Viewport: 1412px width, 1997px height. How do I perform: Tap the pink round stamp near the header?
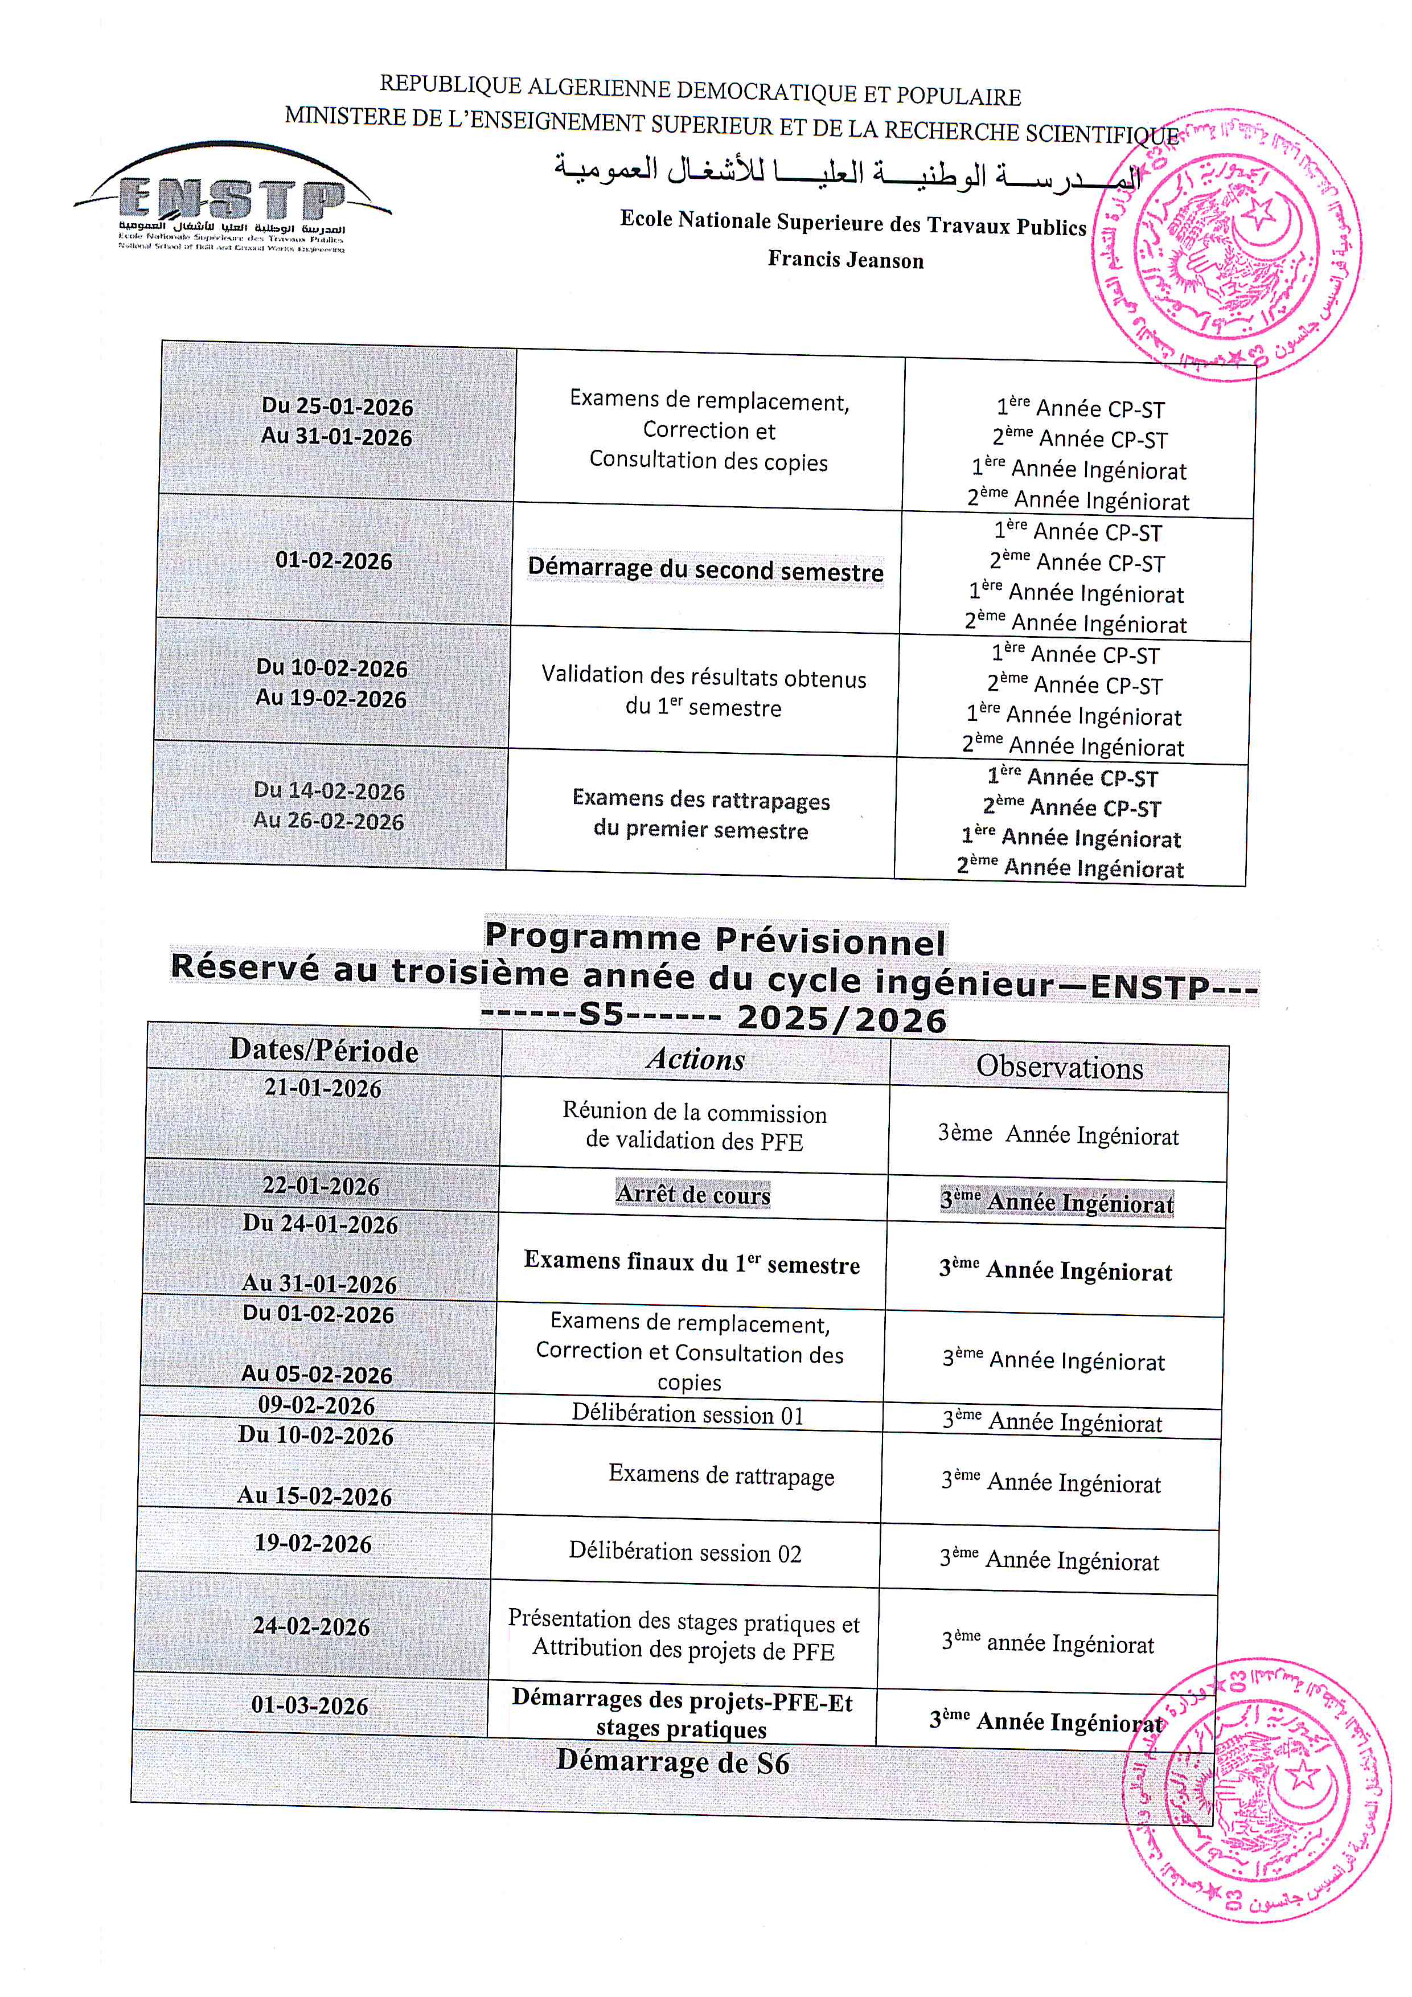coord(1226,246)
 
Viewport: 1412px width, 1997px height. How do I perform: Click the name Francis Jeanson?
coord(845,259)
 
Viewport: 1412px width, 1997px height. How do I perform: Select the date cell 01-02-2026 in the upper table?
coord(334,560)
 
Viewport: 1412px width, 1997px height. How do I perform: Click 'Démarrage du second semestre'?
coord(705,571)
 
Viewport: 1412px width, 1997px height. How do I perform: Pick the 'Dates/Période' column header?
coord(323,1051)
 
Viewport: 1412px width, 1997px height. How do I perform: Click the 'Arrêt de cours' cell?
coord(693,1194)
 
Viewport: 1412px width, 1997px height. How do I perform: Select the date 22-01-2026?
coord(321,1186)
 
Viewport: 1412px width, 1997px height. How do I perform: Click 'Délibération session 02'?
coord(685,1552)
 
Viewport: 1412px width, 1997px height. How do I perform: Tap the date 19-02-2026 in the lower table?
coord(313,1544)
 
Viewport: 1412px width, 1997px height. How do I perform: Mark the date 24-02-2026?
coord(311,1626)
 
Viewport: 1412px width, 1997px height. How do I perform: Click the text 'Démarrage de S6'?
coord(673,1762)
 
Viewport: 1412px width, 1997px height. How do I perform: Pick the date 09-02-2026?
coord(317,1405)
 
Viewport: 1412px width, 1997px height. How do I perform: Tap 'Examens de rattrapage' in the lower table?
coord(721,1474)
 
